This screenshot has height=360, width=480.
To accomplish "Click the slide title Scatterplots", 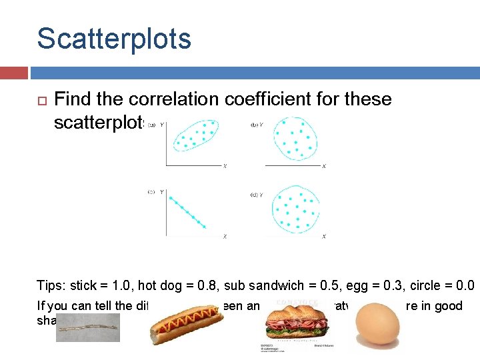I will pyautogui.click(x=114, y=39).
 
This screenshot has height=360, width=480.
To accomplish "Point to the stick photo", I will pyautogui.click(x=87, y=327).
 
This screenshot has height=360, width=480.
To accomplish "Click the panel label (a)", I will pyautogui.click(x=151, y=125).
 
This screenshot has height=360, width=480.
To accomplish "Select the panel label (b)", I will pyautogui.click(x=254, y=125).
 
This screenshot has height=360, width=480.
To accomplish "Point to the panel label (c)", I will pyautogui.click(x=151, y=192).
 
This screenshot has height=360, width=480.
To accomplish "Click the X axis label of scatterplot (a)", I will pyautogui.click(x=225, y=166).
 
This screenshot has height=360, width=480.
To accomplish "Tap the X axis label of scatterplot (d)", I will pyautogui.click(x=323, y=236).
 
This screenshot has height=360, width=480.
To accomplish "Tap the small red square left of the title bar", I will pyautogui.click(x=14, y=72).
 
